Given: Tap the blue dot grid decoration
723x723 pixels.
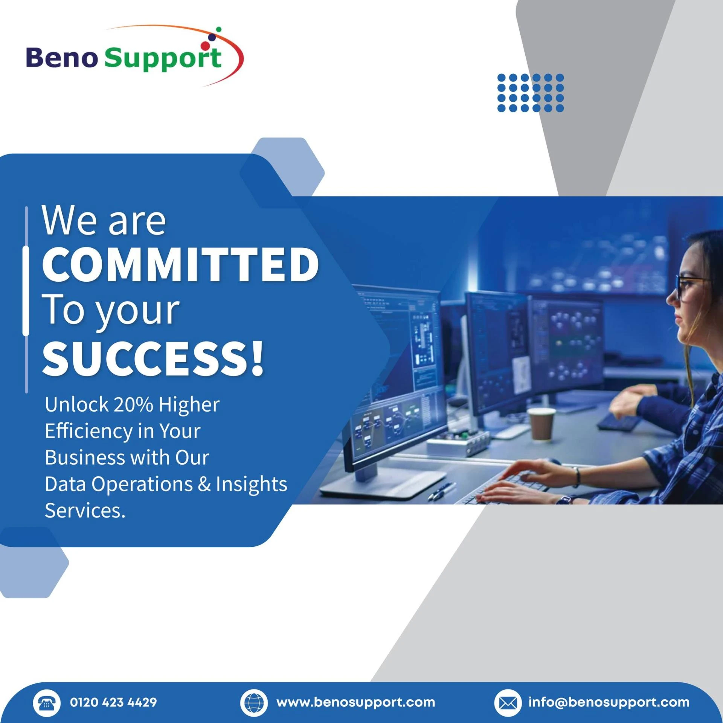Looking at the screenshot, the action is coord(530,93).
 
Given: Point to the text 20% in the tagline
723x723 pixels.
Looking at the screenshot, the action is coord(133,405).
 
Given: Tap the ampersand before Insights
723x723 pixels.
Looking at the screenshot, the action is coord(204,484).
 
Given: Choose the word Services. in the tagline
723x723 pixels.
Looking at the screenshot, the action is coord(85,511).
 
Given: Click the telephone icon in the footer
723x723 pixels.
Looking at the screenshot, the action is coord(47,703).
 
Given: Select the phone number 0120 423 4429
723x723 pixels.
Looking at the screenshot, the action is coord(113,702).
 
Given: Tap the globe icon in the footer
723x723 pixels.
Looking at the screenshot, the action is coord(254,703).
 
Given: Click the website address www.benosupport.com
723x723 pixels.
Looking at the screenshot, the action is coord(355,703).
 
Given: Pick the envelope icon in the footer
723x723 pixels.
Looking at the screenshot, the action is coord(508,703).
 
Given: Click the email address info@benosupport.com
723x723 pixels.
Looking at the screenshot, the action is coord(609,703).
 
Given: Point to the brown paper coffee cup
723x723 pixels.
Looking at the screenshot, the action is coord(541,424).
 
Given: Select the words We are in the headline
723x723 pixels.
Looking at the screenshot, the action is coord(104,221).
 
